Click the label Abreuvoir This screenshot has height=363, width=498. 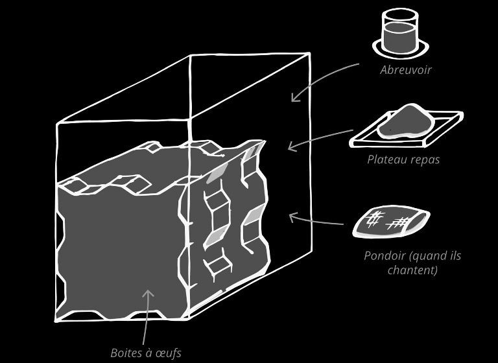(x=405, y=70)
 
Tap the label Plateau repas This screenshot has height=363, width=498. (x=403, y=159)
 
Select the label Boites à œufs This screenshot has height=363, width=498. (x=146, y=353)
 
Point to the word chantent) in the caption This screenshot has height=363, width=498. (x=412, y=270)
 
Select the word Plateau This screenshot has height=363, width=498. (x=386, y=159)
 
